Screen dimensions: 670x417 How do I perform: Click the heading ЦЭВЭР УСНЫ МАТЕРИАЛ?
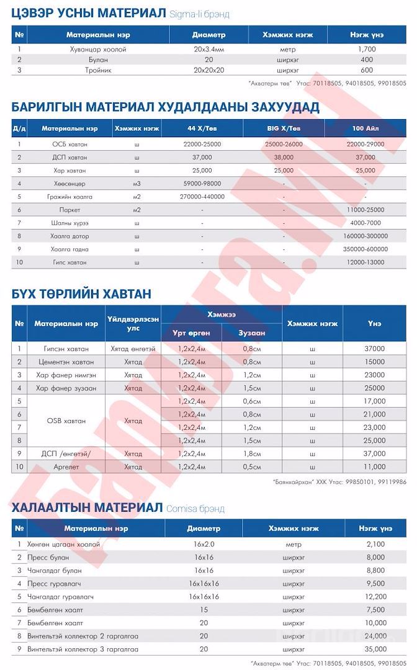pos(88,13)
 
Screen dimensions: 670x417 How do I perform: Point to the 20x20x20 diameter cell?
pos(208,70)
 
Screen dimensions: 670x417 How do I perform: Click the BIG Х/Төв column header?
pos(283,128)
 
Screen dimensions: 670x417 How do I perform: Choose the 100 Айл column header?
pos(366,128)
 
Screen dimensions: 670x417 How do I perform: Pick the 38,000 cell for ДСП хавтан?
pos(283,157)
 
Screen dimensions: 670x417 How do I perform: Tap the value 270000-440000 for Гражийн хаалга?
pos(202,197)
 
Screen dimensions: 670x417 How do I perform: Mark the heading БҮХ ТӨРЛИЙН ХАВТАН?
pos(81,293)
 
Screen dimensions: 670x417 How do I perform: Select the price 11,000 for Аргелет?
pos(374,466)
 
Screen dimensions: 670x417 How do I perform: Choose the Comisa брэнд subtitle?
pos(195,509)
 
